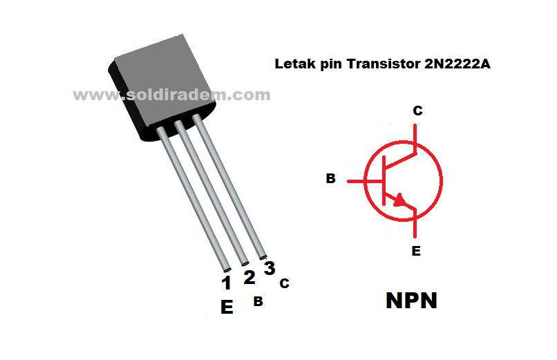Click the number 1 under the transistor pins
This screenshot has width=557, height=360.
[226, 283]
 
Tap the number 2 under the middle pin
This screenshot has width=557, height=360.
[249, 277]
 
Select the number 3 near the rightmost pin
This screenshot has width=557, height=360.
[270, 269]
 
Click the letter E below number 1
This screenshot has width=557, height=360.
[227, 307]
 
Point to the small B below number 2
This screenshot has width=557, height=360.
[257, 301]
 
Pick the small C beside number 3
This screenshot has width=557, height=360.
[284, 283]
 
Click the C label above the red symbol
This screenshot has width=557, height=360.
[417, 111]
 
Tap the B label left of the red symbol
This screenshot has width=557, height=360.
[331, 179]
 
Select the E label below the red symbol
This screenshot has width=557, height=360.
[416, 251]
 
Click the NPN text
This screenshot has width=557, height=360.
[410, 301]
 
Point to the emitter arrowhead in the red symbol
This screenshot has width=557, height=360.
[399, 200]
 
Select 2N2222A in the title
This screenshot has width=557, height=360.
[454, 65]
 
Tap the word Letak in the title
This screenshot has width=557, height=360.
[292, 65]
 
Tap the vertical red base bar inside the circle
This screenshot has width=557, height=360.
[384, 181]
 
